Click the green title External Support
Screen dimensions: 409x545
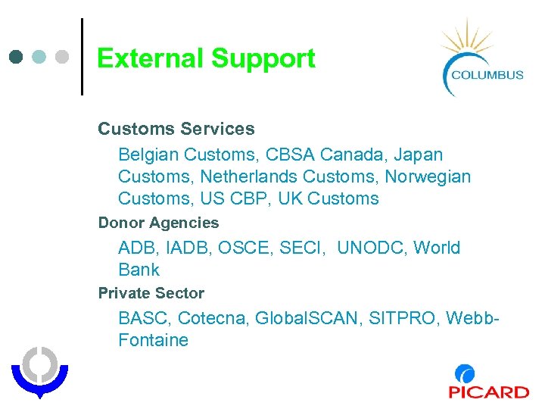(206, 58)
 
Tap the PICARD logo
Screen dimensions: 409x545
(488, 382)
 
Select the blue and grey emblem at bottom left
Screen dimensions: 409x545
(39, 370)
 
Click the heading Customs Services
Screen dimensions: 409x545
(176, 130)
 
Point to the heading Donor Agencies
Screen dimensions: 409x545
(158, 223)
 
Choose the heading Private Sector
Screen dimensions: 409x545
(151, 292)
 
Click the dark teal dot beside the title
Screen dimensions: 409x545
(17, 57)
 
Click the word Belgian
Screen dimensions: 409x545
(148, 155)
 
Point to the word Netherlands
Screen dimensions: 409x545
(341, 176)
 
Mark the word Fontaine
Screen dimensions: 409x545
(153, 340)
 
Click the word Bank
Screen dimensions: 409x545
(139, 270)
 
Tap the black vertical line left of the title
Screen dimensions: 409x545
(82, 57)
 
